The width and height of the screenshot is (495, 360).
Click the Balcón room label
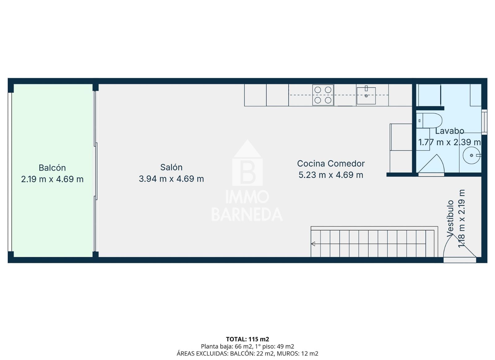52,168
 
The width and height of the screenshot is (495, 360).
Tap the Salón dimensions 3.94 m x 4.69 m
171,179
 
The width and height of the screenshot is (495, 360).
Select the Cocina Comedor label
331,163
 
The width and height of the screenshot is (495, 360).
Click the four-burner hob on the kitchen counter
323,95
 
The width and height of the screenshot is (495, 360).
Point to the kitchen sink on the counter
366,96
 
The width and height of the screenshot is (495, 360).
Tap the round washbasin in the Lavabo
471,155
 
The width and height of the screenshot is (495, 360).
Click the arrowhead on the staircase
313,244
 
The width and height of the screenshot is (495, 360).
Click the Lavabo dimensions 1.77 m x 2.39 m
449,142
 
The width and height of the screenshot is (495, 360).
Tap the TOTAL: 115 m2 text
247,339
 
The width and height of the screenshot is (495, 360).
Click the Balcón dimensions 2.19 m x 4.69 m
52,179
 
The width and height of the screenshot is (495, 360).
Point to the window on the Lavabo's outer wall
484,122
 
